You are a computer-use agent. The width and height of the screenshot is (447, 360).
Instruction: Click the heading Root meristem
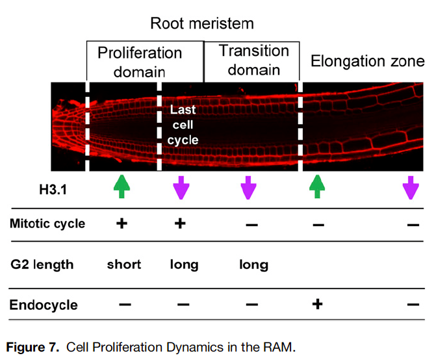(201, 24)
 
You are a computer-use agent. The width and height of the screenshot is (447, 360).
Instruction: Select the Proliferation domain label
(140, 62)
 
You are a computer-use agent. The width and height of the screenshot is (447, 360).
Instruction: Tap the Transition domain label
(253, 60)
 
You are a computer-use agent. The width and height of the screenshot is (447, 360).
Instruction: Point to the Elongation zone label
(367, 62)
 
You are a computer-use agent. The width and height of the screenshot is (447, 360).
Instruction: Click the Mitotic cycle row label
(47, 224)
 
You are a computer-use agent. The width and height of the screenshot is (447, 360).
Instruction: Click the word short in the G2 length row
(123, 264)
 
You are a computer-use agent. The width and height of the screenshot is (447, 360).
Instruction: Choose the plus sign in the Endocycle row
(317, 304)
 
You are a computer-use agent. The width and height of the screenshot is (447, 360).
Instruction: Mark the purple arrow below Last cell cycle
(181, 187)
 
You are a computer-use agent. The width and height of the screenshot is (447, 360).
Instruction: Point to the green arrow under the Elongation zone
(316, 186)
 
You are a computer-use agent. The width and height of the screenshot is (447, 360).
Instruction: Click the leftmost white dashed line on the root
(87, 125)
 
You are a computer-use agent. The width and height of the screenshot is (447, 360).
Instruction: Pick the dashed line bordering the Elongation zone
(300, 125)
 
